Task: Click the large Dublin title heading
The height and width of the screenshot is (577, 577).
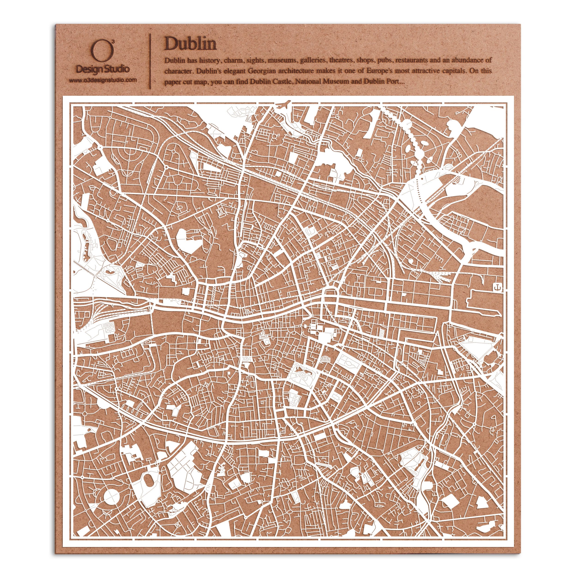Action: pyautogui.click(x=190, y=44)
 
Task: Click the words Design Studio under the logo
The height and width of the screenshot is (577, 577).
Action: pyautogui.click(x=103, y=69)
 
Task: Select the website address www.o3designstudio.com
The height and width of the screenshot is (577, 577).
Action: pyautogui.click(x=103, y=80)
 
